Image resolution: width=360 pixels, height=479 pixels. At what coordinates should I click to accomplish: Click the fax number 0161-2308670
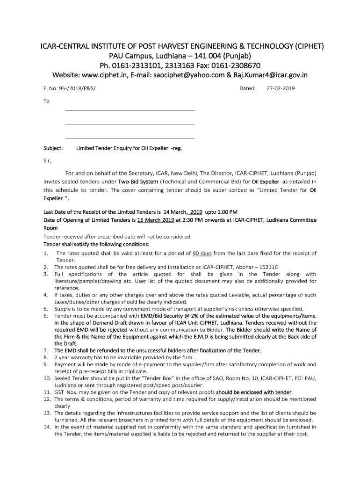[234, 65]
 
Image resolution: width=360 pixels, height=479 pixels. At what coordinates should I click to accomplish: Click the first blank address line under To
[130, 110]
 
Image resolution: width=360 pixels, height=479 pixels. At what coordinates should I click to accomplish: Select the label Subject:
[53, 148]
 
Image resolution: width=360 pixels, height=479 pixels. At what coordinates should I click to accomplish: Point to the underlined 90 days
[202, 254]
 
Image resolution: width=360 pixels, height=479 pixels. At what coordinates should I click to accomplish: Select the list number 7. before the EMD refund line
[46, 350]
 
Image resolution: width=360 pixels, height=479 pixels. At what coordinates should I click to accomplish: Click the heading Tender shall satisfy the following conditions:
[96, 244]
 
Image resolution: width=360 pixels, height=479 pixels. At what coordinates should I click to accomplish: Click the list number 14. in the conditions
[47, 427]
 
